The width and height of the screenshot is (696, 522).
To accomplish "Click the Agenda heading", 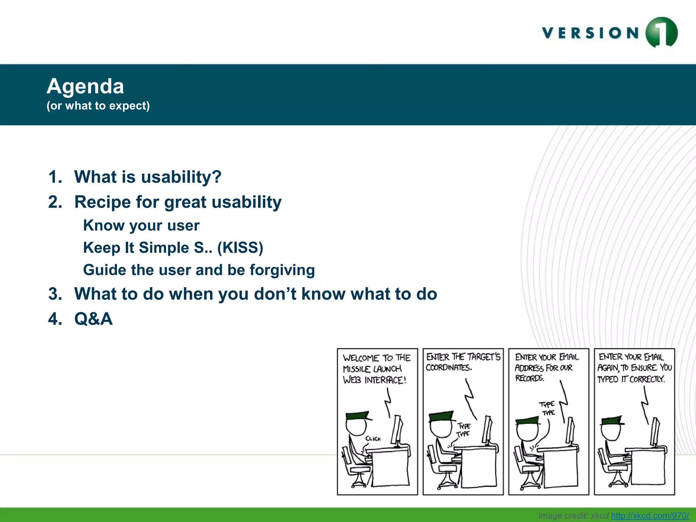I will (x=85, y=86).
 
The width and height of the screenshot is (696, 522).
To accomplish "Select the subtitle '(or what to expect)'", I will (x=98, y=106).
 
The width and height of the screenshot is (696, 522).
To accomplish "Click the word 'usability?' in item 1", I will (x=181, y=177).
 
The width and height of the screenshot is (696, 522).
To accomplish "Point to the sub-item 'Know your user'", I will (x=141, y=226).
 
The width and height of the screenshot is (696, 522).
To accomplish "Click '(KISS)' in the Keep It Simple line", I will (x=240, y=248).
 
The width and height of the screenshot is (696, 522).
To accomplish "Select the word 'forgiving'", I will (x=282, y=270).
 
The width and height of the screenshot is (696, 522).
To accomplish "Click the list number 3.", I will (x=55, y=294).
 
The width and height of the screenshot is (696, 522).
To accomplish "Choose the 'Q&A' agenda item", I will (x=93, y=319).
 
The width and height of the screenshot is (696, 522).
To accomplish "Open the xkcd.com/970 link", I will (x=649, y=516).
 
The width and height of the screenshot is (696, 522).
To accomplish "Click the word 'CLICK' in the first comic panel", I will (x=373, y=439).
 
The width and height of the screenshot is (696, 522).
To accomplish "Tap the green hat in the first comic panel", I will (x=357, y=416).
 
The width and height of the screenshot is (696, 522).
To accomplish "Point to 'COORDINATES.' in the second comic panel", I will (x=449, y=368).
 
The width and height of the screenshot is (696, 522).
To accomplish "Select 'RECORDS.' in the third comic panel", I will (x=529, y=378).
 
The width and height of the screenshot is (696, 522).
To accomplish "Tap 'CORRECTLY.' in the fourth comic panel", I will (x=647, y=379).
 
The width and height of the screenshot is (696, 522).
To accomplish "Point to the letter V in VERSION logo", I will (x=548, y=33).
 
